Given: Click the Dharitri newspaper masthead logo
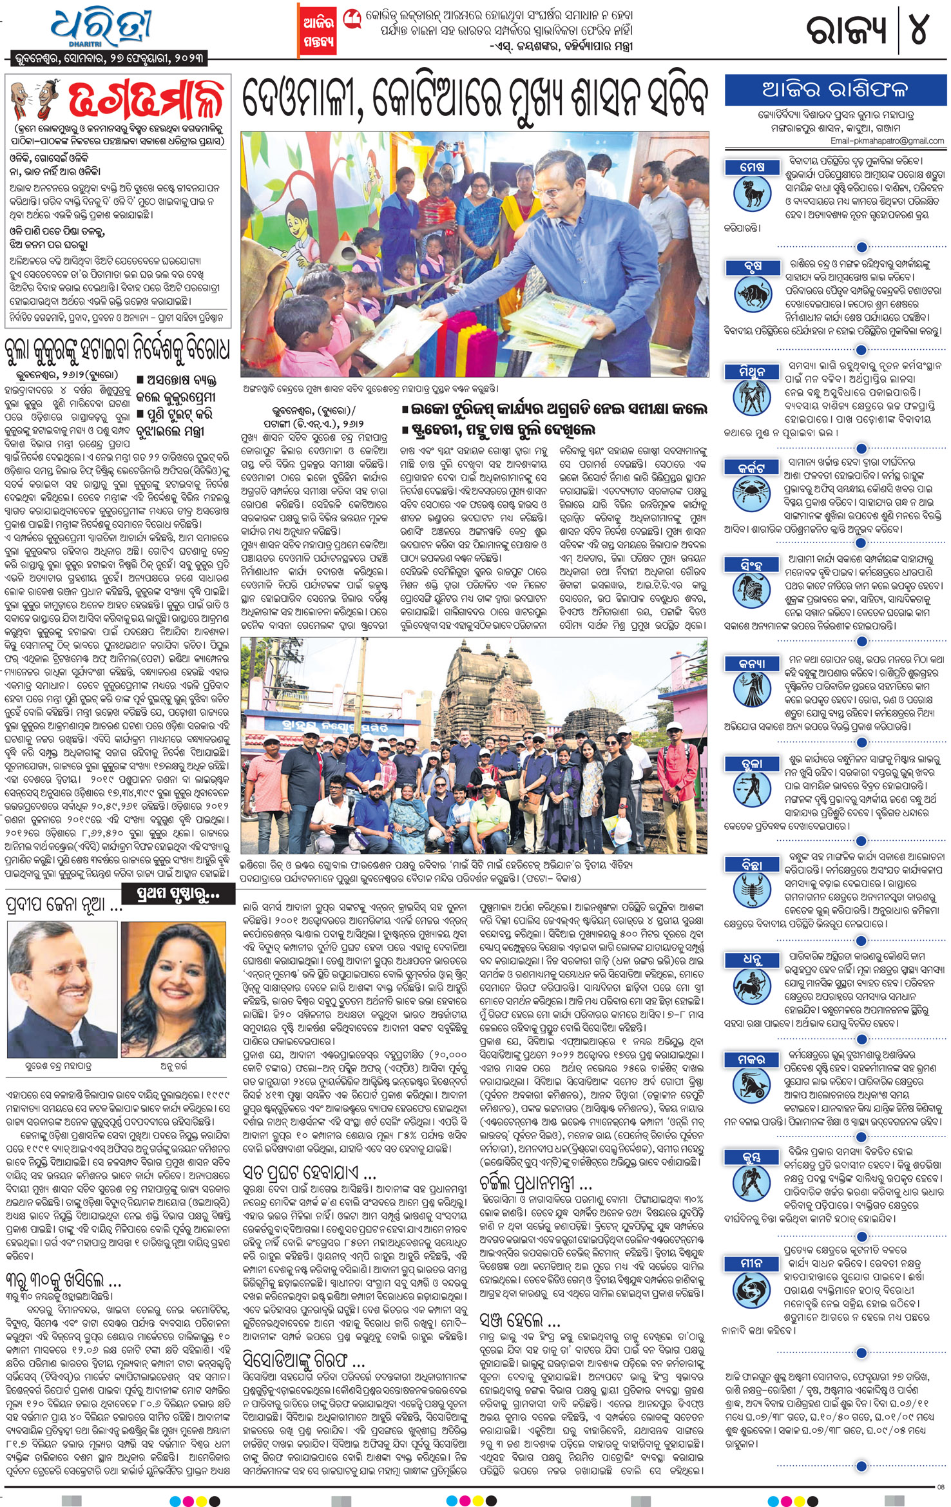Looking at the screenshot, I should click(103, 29).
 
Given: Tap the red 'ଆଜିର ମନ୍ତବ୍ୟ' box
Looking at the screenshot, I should click(319, 31).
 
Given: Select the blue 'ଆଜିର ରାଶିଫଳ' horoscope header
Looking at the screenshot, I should click(834, 90).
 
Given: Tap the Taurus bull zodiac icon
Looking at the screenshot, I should click(752, 294).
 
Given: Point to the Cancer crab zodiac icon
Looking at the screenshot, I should click(752, 494).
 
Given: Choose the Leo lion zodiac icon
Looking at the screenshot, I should click(752, 592).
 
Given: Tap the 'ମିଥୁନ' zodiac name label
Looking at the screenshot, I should click(752, 371).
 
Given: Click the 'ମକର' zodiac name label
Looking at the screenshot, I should click(752, 1060).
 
